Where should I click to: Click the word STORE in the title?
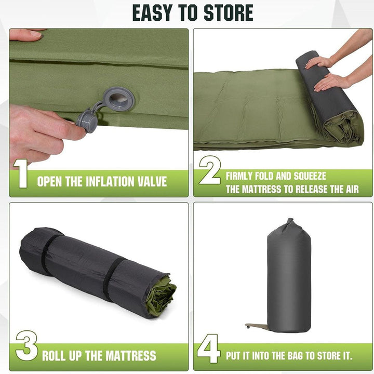pos(228,12)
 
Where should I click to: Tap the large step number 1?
pos(21,173)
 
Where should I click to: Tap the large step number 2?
pos(210,170)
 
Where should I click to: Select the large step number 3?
pos(26,345)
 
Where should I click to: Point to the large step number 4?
pos(208,349)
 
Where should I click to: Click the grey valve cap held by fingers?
pos(87,121)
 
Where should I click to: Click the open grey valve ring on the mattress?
pos(119,98)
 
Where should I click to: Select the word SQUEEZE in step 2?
pos(310,176)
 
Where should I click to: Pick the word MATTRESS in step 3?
pos(131,356)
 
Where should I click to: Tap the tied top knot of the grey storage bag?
pos(289,223)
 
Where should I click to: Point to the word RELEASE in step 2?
pos(306,189)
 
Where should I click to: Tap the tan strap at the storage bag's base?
pos(257,326)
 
